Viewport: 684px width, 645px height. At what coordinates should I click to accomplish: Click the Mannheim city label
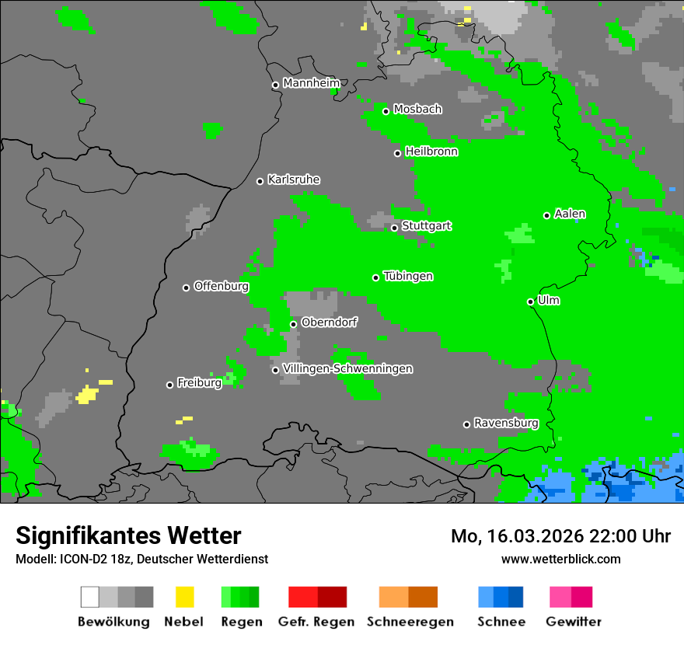(312, 83)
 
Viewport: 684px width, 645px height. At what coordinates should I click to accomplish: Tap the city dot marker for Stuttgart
(394, 228)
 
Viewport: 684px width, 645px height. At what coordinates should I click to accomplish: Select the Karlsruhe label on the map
(293, 180)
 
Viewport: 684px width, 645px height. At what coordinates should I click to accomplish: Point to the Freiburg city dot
(169, 385)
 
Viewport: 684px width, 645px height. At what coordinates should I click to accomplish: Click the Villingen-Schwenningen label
(347, 368)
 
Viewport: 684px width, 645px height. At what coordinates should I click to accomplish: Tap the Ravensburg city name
(506, 423)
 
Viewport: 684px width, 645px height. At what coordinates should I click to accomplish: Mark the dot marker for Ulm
(530, 302)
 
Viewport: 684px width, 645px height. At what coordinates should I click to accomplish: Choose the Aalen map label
(570, 214)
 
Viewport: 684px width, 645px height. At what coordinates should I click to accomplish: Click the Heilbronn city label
(431, 152)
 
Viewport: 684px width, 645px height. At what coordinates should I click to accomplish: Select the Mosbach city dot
(386, 111)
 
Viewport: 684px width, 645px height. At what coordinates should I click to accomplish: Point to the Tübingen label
(408, 276)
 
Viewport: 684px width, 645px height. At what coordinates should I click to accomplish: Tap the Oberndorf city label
(329, 322)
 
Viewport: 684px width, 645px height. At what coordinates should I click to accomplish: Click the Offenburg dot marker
(186, 288)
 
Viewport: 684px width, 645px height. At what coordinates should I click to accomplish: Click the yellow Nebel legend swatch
(184, 597)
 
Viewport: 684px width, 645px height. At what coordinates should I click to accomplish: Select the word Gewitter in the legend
(573, 622)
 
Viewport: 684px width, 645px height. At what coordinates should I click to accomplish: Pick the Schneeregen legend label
(410, 622)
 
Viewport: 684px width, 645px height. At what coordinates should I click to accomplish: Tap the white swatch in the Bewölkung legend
(89, 597)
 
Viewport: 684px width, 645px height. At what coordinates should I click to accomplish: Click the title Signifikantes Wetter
(128, 535)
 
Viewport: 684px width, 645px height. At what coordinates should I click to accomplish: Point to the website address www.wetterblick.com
(560, 559)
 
